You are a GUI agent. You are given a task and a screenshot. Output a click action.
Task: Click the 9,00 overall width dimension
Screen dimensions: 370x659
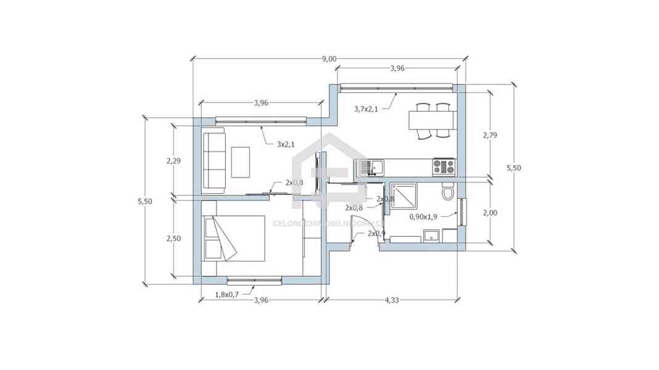[x=329, y=59]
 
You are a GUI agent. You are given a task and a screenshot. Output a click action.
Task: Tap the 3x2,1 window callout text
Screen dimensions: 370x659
[x=284, y=144]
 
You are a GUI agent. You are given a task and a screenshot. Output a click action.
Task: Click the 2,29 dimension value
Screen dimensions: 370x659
[x=173, y=160]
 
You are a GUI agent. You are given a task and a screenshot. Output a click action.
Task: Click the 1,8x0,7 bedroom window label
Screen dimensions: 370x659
[x=228, y=295]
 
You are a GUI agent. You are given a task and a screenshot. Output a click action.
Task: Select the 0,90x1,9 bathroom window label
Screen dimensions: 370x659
[x=423, y=216]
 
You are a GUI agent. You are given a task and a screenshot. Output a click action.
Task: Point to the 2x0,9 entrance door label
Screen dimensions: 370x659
[x=376, y=234]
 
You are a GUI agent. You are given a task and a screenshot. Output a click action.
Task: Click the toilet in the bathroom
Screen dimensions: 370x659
[x=448, y=194]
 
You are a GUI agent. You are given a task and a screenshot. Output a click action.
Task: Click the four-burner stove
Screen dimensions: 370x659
[x=444, y=165]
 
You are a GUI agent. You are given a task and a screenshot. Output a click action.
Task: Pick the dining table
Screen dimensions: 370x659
[x=431, y=120]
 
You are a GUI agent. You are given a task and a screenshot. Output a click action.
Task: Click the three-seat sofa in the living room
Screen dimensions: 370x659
[x=213, y=160]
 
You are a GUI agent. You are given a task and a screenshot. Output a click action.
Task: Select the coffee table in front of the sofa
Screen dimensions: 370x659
[x=240, y=162]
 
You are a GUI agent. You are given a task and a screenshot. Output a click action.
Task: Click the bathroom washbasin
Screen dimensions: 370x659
[x=432, y=235]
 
